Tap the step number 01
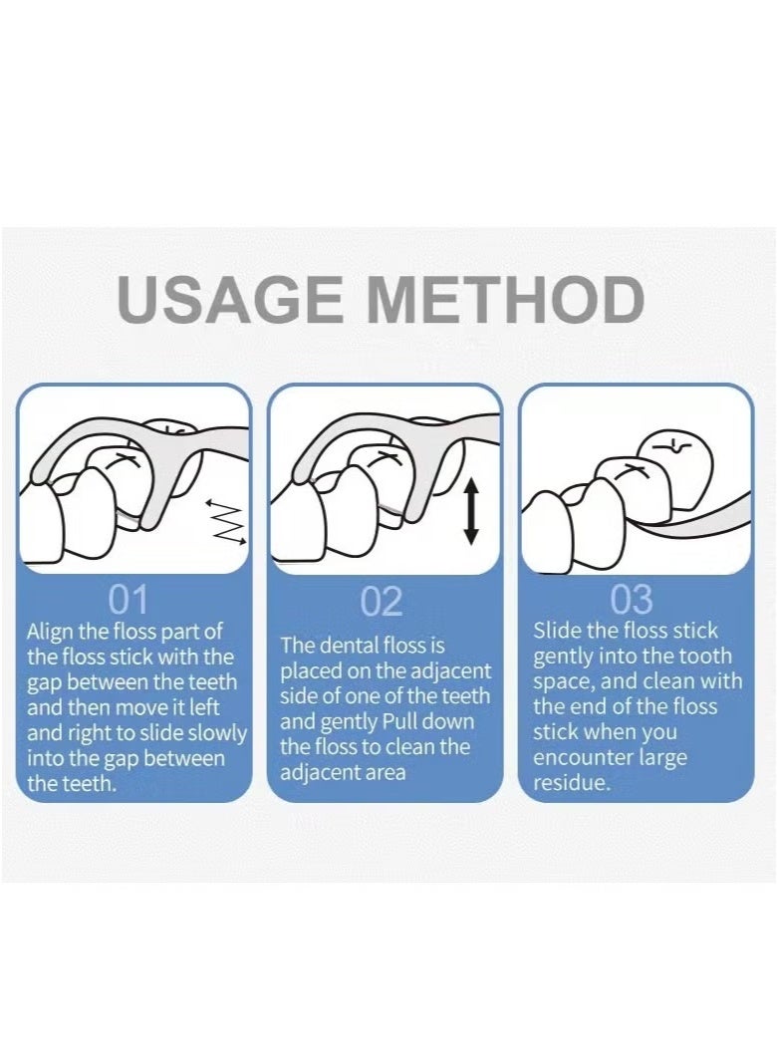(x=129, y=599)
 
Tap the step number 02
(x=382, y=601)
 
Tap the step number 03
(x=633, y=599)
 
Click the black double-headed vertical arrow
(x=471, y=511)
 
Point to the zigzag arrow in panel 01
(x=226, y=521)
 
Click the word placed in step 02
(x=311, y=671)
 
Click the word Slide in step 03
(x=557, y=630)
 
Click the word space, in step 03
(x=564, y=681)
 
